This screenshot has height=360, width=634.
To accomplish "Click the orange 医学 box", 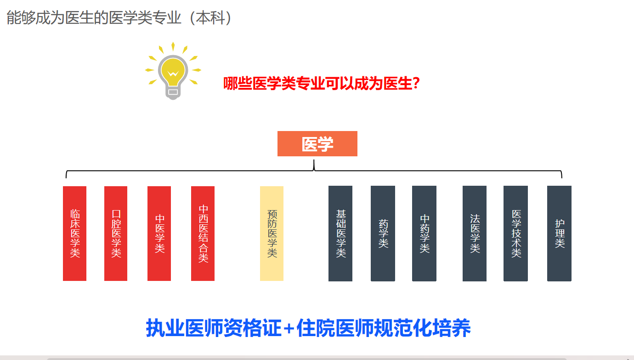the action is (x=317, y=143).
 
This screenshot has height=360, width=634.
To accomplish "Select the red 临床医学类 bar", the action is (x=74, y=234).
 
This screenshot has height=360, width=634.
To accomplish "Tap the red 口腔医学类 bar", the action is (x=116, y=234).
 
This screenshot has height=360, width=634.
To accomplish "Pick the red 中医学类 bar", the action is (x=159, y=234).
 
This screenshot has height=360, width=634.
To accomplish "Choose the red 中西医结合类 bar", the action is (x=203, y=234).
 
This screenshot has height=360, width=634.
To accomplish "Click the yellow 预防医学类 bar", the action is (x=272, y=234).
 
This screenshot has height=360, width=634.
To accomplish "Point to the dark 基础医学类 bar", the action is (x=340, y=234).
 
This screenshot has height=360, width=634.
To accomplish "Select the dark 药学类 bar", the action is (x=383, y=234).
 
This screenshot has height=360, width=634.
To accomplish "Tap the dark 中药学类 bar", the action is (x=424, y=234).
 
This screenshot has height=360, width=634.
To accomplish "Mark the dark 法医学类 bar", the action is (x=475, y=234).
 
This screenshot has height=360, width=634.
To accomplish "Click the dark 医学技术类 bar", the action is (x=515, y=234).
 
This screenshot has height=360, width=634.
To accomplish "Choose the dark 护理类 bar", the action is (x=559, y=234).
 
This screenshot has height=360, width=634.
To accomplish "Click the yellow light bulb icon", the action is (x=173, y=71).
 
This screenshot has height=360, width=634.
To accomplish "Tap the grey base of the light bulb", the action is (x=173, y=92).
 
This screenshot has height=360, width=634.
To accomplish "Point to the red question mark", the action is (x=416, y=83).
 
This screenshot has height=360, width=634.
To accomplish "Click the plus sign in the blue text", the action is (x=289, y=329).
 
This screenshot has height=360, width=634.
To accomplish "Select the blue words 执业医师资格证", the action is (x=214, y=328).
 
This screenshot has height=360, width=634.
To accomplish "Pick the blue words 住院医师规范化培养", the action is (x=383, y=328).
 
